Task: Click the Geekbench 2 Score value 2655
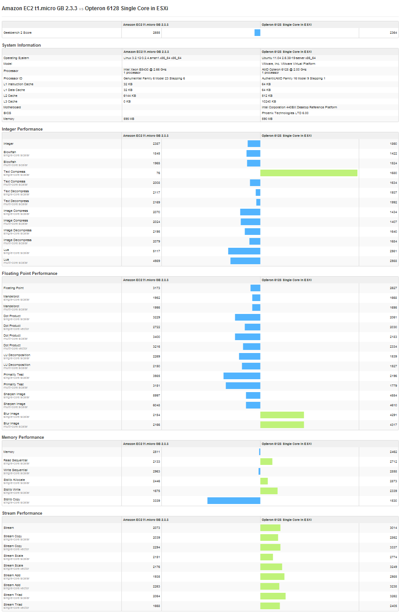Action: tap(156, 33)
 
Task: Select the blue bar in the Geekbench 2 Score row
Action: tap(257, 33)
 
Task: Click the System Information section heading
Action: tap(21, 45)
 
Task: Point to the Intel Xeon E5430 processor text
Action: tap(145, 70)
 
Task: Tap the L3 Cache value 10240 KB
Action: tap(269, 102)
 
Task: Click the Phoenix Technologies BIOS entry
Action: tap(285, 113)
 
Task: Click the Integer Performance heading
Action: tap(22, 129)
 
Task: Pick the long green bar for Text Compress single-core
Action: tap(309, 173)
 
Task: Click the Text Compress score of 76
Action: tap(158, 173)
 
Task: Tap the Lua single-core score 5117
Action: tap(156, 251)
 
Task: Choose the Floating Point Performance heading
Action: tap(29, 274)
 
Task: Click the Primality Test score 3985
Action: tap(156, 376)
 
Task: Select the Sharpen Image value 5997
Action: tap(156, 396)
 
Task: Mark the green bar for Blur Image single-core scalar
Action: tap(282, 415)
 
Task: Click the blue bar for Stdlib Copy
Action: tap(234, 501)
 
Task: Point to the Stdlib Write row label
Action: tap(12, 490)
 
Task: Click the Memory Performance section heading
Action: tap(23, 437)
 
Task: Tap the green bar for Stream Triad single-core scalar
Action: tap(273, 596)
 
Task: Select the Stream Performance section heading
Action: tap(22, 513)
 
